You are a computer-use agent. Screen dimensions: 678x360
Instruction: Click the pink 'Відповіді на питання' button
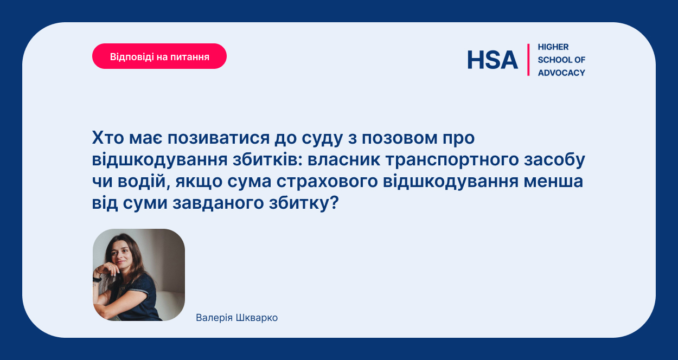coord(159,56)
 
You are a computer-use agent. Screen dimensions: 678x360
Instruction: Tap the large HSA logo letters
coord(492,60)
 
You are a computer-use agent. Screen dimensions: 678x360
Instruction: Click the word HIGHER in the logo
coord(553,47)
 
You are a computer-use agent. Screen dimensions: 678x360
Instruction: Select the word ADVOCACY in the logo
coord(561,73)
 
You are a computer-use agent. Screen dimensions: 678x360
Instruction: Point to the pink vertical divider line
coord(528,60)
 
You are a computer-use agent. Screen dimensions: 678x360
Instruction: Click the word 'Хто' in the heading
coord(108,138)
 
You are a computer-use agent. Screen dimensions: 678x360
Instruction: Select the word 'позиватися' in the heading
coord(219,138)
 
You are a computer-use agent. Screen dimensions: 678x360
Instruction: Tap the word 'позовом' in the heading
coord(400,138)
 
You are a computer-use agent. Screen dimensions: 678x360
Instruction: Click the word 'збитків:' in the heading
coord(267,160)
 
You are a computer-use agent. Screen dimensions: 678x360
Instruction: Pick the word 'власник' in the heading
coord(344,160)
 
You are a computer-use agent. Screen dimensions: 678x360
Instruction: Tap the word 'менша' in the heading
coord(553,182)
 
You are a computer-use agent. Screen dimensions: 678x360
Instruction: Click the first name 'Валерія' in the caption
coord(214,318)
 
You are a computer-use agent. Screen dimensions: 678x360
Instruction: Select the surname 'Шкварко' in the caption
coord(257,318)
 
